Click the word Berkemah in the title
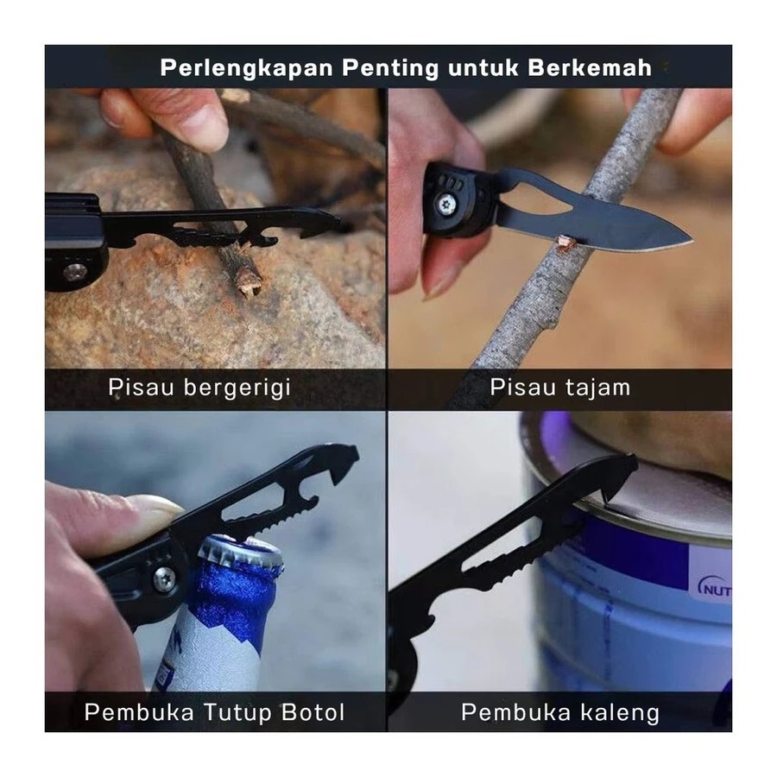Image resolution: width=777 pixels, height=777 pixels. click(589, 68)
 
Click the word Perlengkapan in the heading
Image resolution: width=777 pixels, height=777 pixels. click(246, 68)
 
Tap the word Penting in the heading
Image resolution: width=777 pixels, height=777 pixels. click(390, 69)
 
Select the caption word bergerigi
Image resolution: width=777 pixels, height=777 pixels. click(237, 388)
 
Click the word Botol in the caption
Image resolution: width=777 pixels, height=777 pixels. click(313, 712)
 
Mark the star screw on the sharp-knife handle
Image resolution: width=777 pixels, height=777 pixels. click(447, 203)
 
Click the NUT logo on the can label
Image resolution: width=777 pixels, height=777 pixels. click(715, 589)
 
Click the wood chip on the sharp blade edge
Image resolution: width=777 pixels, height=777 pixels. click(564, 242)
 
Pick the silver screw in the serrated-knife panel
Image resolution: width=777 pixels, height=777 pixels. click(75, 272)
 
